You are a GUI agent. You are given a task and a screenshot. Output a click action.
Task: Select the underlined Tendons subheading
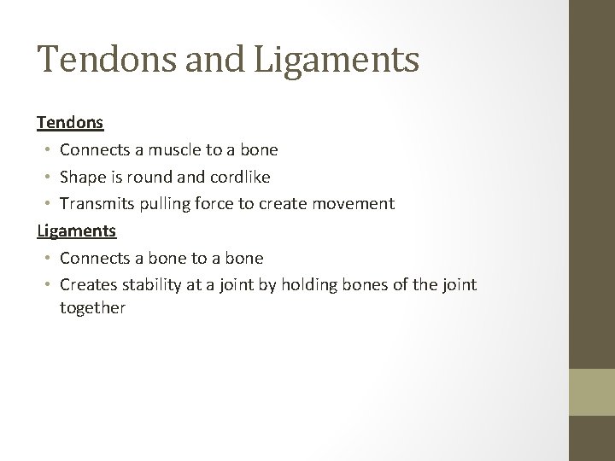(70, 122)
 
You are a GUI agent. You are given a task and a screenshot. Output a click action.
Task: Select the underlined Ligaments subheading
(77, 230)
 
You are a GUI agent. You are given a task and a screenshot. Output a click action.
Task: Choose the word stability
(145, 284)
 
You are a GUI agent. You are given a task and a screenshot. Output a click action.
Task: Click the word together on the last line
(92, 307)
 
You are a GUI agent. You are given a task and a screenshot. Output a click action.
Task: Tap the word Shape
(80, 177)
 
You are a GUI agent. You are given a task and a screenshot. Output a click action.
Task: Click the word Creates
(85, 284)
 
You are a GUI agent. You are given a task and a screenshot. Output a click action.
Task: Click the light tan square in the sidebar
(592, 392)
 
